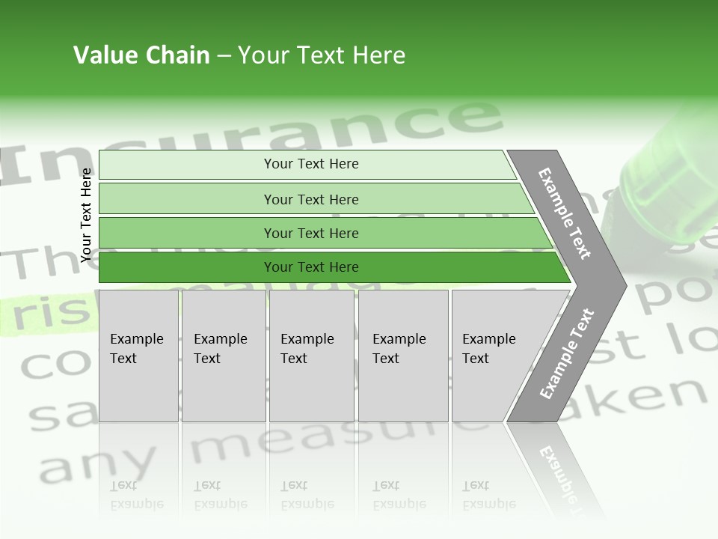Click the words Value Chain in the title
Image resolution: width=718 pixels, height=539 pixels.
141,55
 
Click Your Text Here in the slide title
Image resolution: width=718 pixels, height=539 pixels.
322,55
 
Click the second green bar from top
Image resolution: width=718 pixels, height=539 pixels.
311,199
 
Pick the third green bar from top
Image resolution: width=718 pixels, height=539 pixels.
311,233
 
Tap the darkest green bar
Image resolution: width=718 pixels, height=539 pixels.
311,267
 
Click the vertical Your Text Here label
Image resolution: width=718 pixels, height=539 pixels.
86,215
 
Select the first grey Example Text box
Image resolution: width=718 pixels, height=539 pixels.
138,356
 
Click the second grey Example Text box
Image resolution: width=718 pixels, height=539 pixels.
224,356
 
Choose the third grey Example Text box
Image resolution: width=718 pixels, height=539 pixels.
311,356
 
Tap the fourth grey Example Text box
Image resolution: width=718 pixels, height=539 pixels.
403,356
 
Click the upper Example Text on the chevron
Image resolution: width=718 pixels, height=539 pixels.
565,213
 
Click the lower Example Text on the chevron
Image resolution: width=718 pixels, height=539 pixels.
566,353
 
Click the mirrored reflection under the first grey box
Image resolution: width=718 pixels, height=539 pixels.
138,494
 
